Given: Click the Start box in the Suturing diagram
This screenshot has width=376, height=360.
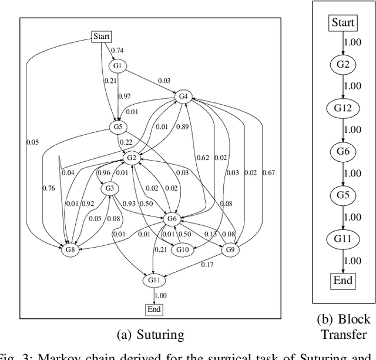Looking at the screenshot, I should coord(102,36).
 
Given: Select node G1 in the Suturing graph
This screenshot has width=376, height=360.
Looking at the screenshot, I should coord(117,66).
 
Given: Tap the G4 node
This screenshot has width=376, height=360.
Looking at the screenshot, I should coord(183,96).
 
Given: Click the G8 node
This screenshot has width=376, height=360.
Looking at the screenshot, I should coord(70,250).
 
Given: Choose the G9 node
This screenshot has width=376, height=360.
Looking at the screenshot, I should coord(230,250).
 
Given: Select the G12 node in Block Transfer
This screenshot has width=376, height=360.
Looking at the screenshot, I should coord(343,108).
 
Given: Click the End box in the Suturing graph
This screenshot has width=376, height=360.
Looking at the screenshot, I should coord(154,309).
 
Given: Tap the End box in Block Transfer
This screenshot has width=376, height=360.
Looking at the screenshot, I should coord(343,280).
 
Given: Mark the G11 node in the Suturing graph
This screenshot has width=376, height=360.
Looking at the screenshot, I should coord(154,281).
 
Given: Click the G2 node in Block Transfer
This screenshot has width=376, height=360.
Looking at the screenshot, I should coord(343,65).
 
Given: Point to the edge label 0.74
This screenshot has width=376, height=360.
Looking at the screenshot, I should coord(117,51).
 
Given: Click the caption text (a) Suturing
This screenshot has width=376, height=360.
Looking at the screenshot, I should coord(150,335).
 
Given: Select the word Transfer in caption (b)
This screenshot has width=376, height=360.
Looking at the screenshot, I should coord(344,335).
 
